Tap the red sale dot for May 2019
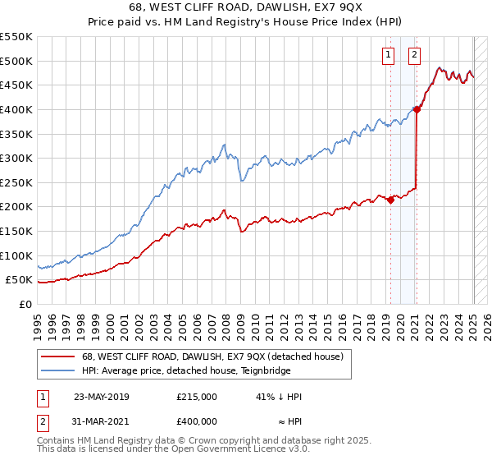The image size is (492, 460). click(x=390, y=200)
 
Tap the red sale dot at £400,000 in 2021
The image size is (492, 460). click(x=417, y=109)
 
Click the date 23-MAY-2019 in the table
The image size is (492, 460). click(x=102, y=397)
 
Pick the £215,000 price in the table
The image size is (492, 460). click(x=197, y=397)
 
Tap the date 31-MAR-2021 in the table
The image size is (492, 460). click(x=102, y=421)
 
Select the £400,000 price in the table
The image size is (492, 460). click(x=197, y=421)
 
